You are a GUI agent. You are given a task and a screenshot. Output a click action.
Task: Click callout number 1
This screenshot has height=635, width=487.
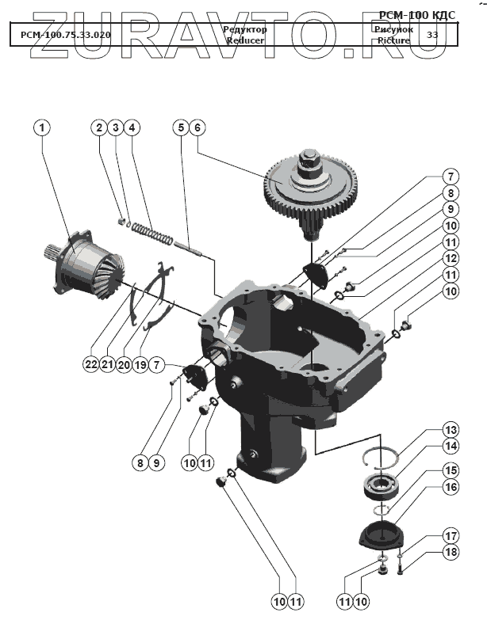42,127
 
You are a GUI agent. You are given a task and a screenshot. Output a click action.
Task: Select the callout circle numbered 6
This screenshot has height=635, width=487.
197,127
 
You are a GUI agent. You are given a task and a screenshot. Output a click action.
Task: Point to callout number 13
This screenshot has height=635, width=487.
449,430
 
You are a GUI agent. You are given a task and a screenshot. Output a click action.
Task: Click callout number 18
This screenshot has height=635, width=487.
449,552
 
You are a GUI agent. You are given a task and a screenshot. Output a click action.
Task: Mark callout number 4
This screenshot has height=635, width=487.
132,127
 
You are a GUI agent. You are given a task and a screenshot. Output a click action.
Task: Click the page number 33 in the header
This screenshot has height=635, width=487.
431,35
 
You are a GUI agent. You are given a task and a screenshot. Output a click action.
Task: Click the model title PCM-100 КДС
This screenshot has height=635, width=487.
417,14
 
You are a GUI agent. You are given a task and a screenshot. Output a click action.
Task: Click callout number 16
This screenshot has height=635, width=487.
449,489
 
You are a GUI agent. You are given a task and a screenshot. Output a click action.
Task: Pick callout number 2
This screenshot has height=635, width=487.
98,127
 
